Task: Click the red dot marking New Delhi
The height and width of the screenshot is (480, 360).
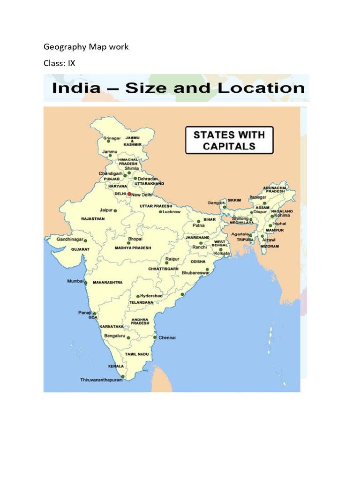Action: click(129, 194)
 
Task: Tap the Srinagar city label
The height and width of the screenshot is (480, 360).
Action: click(112, 138)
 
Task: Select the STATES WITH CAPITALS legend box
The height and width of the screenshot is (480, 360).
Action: click(229, 140)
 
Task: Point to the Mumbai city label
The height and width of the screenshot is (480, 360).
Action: click(75, 282)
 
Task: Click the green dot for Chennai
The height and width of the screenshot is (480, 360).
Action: click(155, 337)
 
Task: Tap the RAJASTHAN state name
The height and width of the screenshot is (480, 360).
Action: click(93, 219)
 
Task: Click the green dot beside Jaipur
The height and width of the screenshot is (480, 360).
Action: click(115, 211)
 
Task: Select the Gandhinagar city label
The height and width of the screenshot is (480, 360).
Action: click(70, 239)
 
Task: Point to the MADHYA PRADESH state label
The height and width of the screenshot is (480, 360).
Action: click(133, 248)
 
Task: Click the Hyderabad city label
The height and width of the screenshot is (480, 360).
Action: click(151, 296)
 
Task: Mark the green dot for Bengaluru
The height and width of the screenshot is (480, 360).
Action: click(129, 337)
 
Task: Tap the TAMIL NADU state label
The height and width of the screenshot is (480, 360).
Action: click(137, 354)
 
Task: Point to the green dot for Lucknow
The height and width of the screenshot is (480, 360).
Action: click(160, 212)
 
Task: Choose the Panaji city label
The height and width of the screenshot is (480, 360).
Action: click(85, 312)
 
